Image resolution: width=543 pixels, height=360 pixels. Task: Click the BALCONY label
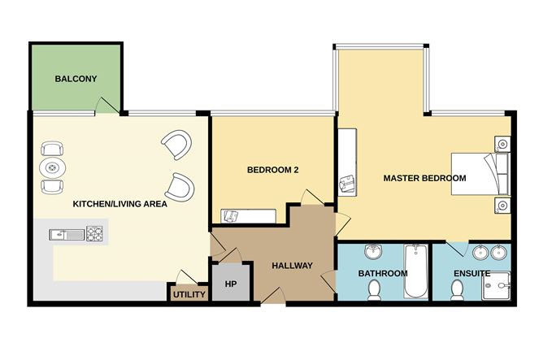[76, 79]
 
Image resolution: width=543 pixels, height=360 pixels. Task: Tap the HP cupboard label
[231, 284]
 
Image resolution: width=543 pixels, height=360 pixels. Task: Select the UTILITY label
[189, 294]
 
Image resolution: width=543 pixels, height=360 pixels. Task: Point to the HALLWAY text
[293, 266]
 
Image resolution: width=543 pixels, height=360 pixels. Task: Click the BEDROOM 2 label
[273, 170]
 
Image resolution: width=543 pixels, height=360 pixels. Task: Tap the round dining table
[52, 168]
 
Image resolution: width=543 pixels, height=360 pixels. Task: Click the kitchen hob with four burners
[94, 233]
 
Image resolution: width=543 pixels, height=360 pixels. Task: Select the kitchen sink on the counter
[67, 235]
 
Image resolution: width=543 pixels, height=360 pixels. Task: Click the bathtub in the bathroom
[416, 271]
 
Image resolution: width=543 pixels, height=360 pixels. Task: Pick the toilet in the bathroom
[374, 290]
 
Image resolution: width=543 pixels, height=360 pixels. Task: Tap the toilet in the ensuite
[457, 290]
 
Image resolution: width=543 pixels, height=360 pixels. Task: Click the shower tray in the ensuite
[496, 286]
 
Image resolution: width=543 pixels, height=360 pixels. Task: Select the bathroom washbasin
[373, 251]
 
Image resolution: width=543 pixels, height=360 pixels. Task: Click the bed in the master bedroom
[480, 174]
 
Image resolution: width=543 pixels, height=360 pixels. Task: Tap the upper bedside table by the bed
[502, 143]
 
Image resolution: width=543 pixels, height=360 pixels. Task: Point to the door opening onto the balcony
[107, 106]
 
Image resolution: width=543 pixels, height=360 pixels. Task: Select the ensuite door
[456, 249]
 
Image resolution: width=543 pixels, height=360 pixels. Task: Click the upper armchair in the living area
[176, 145]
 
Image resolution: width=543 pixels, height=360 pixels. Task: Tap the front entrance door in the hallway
[273, 296]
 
